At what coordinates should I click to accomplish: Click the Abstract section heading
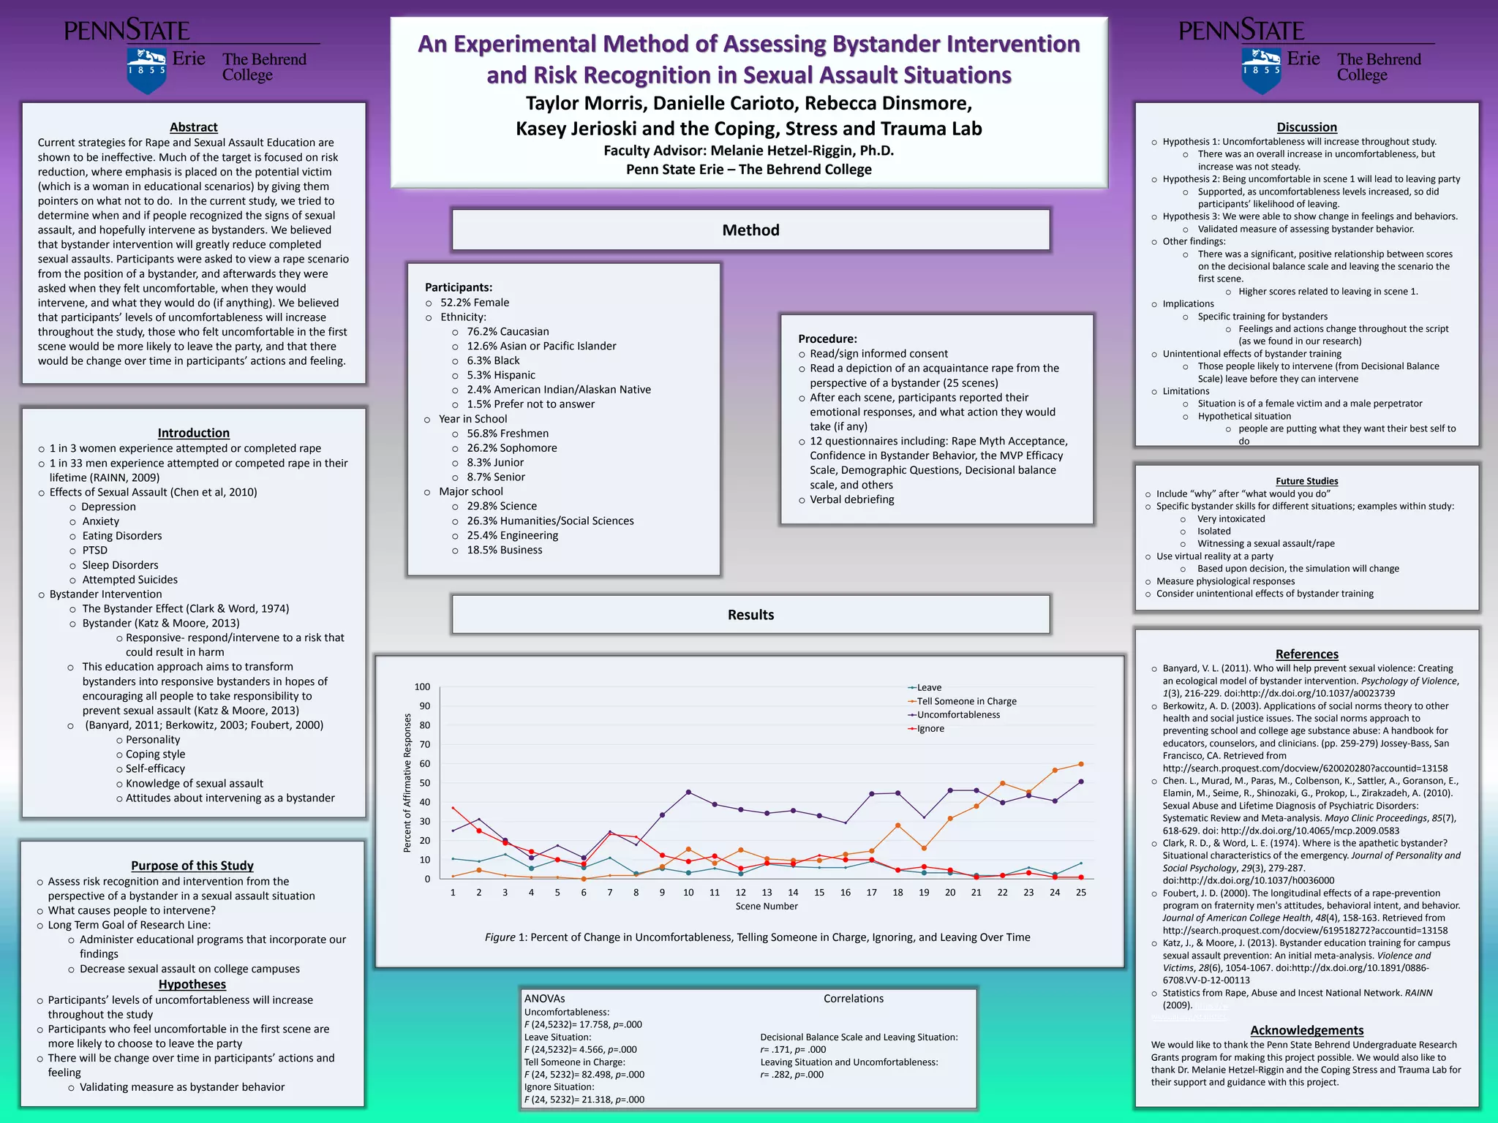click(193, 127)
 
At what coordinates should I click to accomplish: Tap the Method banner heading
click(750, 230)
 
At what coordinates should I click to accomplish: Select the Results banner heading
click(750, 615)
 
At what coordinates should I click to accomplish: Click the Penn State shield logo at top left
click(146, 70)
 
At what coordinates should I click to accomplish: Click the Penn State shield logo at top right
click(1261, 70)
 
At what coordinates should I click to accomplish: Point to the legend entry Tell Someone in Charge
click(966, 701)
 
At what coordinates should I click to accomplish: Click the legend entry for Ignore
click(930, 729)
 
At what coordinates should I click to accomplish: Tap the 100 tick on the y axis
click(422, 687)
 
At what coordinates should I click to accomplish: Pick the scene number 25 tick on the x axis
click(1080, 893)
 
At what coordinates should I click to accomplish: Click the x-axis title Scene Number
click(766, 907)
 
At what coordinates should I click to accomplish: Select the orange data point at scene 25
click(1080, 765)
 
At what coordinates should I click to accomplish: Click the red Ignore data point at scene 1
click(453, 809)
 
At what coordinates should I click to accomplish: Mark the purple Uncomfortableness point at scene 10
click(688, 793)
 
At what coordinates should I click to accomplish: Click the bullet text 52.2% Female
click(474, 303)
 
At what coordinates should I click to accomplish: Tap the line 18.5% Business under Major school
click(504, 550)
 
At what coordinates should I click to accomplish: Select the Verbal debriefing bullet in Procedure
click(851, 499)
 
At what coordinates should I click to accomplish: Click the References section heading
click(1306, 654)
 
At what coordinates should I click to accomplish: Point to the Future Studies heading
click(1306, 481)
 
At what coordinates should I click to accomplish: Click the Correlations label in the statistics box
click(853, 999)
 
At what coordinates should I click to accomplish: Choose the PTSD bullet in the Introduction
click(94, 551)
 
